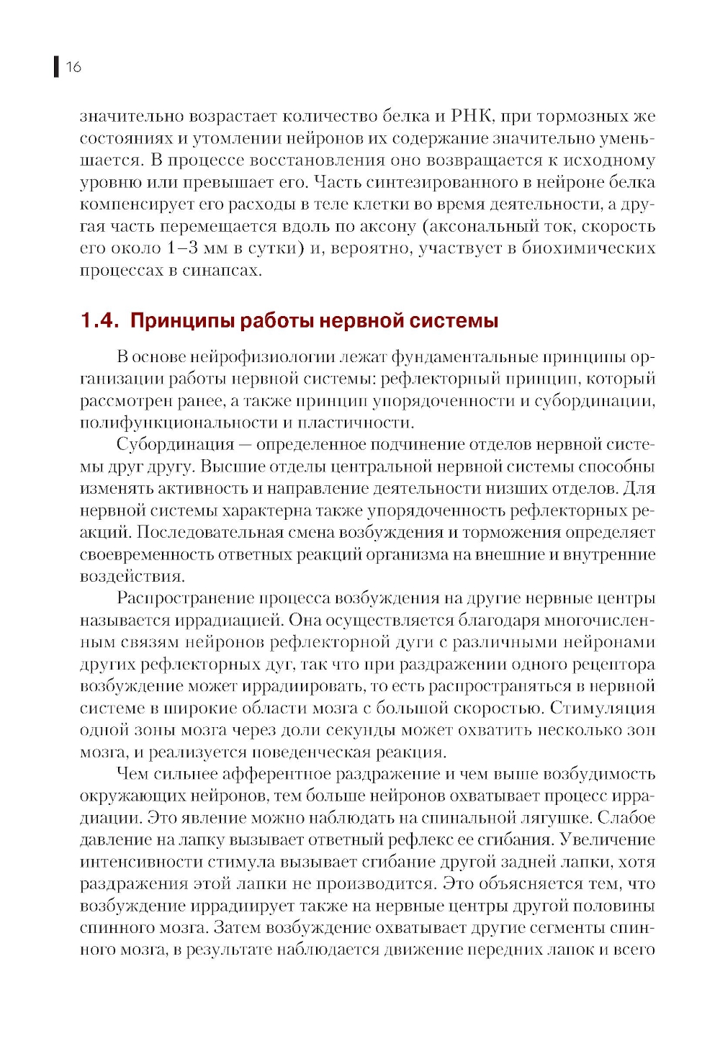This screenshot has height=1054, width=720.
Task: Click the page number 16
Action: point(73,67)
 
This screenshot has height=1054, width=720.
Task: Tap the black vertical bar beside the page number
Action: point(56,67)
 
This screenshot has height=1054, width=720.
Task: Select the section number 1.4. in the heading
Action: point(99,321)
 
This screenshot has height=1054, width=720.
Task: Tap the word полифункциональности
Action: point(179,423)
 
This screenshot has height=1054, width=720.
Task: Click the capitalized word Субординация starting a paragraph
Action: point(176,445)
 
